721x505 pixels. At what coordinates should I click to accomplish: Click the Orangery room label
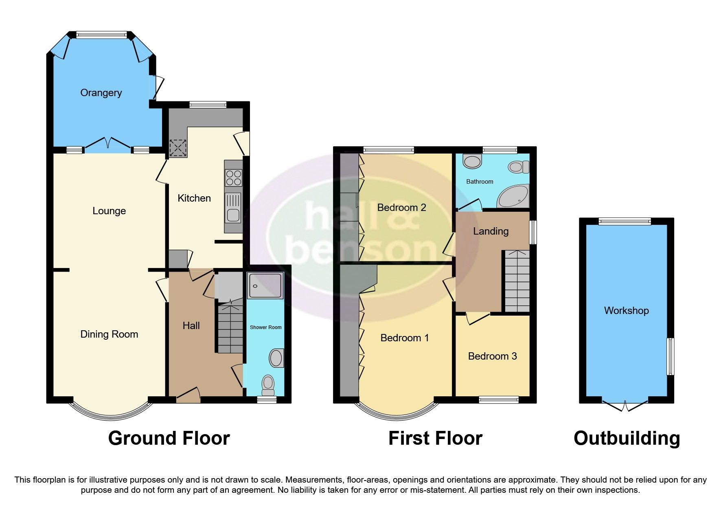point(101,93)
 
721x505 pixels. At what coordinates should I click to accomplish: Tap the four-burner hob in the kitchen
point(234,178)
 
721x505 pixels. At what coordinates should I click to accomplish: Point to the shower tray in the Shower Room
point(265,285)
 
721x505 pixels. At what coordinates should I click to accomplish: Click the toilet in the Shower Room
point(268,384)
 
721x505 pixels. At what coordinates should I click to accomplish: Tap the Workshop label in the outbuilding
point(626,311)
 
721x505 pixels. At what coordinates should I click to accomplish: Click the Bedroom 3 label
point(492,356)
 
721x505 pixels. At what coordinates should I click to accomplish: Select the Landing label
point(491,231)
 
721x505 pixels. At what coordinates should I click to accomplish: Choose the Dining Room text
point(109,334)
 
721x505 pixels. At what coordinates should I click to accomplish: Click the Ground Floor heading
point(169,438)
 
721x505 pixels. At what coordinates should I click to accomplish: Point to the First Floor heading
point(435,438)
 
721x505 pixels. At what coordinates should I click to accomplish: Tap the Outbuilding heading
point(627,438)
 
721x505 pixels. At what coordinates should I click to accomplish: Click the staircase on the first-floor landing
point(517,281)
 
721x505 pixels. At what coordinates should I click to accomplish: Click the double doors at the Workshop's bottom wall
point(625,405)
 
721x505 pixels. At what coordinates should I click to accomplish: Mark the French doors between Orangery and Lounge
point(108,143)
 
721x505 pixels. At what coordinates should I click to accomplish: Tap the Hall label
point(191,326)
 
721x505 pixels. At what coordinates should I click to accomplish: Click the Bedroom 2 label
point(401,208)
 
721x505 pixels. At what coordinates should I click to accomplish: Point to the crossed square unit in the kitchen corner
point(178,148)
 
